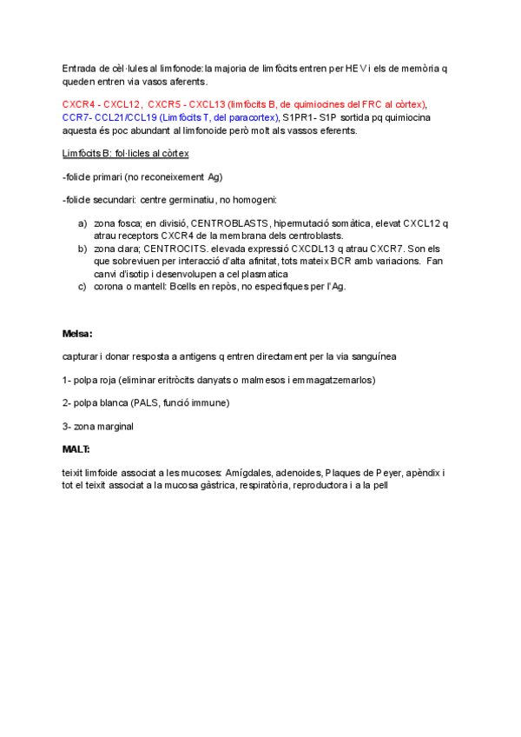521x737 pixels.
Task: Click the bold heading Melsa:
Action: pos(77,333)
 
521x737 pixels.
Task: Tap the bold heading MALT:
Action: pos(76,449)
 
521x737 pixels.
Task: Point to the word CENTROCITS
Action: pos(185,248)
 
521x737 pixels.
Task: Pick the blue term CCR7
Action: pos(76,117)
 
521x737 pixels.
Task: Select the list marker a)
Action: pos(82,223)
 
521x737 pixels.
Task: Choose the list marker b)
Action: pos(82,248)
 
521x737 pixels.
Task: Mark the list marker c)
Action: pos(82,286)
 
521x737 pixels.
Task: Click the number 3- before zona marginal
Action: pos(67,426)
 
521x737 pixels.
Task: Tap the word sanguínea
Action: pos(372,356)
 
